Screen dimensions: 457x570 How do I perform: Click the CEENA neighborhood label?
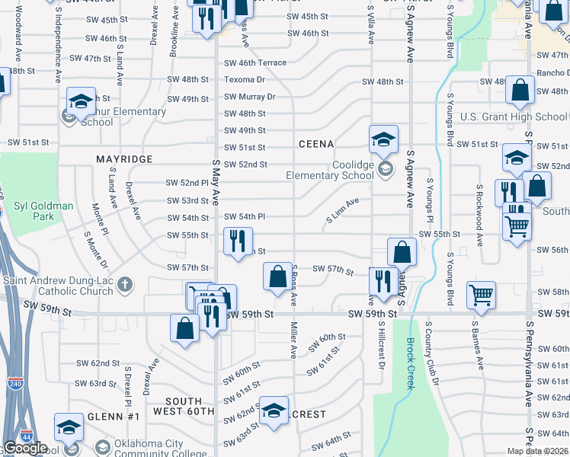coord(316,144)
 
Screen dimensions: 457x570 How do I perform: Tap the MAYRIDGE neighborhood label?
coord(124,158)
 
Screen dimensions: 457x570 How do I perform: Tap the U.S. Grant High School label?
coord(514,117)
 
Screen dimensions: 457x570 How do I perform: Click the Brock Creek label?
coord(410,363)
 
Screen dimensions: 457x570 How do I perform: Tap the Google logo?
coord(24,448)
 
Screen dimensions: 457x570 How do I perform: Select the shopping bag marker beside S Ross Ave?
coord(277,276)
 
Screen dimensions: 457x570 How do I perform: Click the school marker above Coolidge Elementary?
coord(383,139)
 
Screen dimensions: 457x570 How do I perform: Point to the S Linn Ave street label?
coord(342,210)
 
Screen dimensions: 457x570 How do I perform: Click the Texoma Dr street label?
coord(244,79)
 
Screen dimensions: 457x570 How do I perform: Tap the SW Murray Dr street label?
coord(249,97)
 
